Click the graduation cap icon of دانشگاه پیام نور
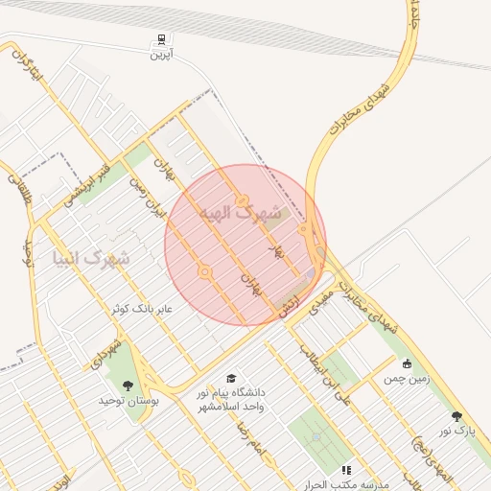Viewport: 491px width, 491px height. [230, 379]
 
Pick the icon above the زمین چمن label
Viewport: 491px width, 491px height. [408, 363]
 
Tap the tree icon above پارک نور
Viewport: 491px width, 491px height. [456, 416]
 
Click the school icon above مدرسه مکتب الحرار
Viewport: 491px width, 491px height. [347, 470]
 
